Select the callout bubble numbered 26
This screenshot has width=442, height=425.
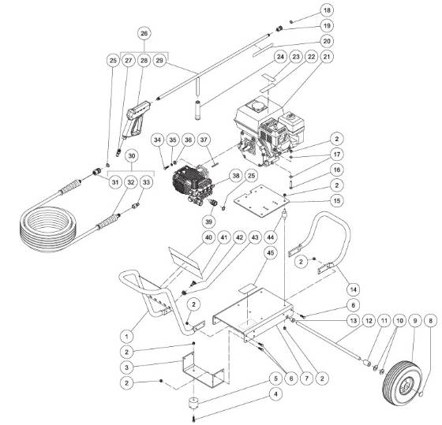point(143,34)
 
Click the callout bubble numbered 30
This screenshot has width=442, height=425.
point(132,155)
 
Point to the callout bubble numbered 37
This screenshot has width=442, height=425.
point(204,140)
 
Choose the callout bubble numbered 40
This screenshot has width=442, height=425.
point(187,237)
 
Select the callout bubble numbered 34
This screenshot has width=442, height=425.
point(158,140)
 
